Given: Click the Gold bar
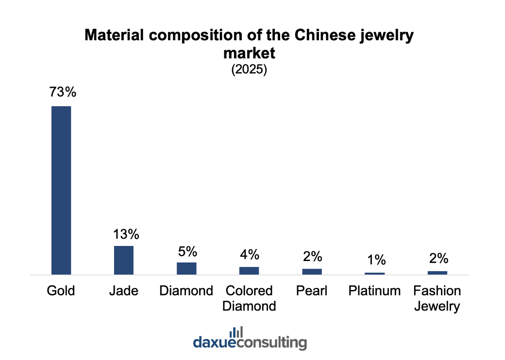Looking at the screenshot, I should (61, 190).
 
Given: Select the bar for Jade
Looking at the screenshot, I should (124, 260).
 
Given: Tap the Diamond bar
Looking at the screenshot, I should (186, 268).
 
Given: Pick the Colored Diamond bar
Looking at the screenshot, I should (249, 271).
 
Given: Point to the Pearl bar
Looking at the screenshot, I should (312, 272).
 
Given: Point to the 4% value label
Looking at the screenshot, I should (250, 254).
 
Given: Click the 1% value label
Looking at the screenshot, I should (375, 260).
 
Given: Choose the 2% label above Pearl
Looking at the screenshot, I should (312, 257).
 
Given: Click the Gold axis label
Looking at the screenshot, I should (61, 291).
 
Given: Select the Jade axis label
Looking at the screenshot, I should (124, 291).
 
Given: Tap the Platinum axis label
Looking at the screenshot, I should (375, 291).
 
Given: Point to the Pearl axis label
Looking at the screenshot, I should (312, 291).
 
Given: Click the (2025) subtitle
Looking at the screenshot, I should (249, 69).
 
